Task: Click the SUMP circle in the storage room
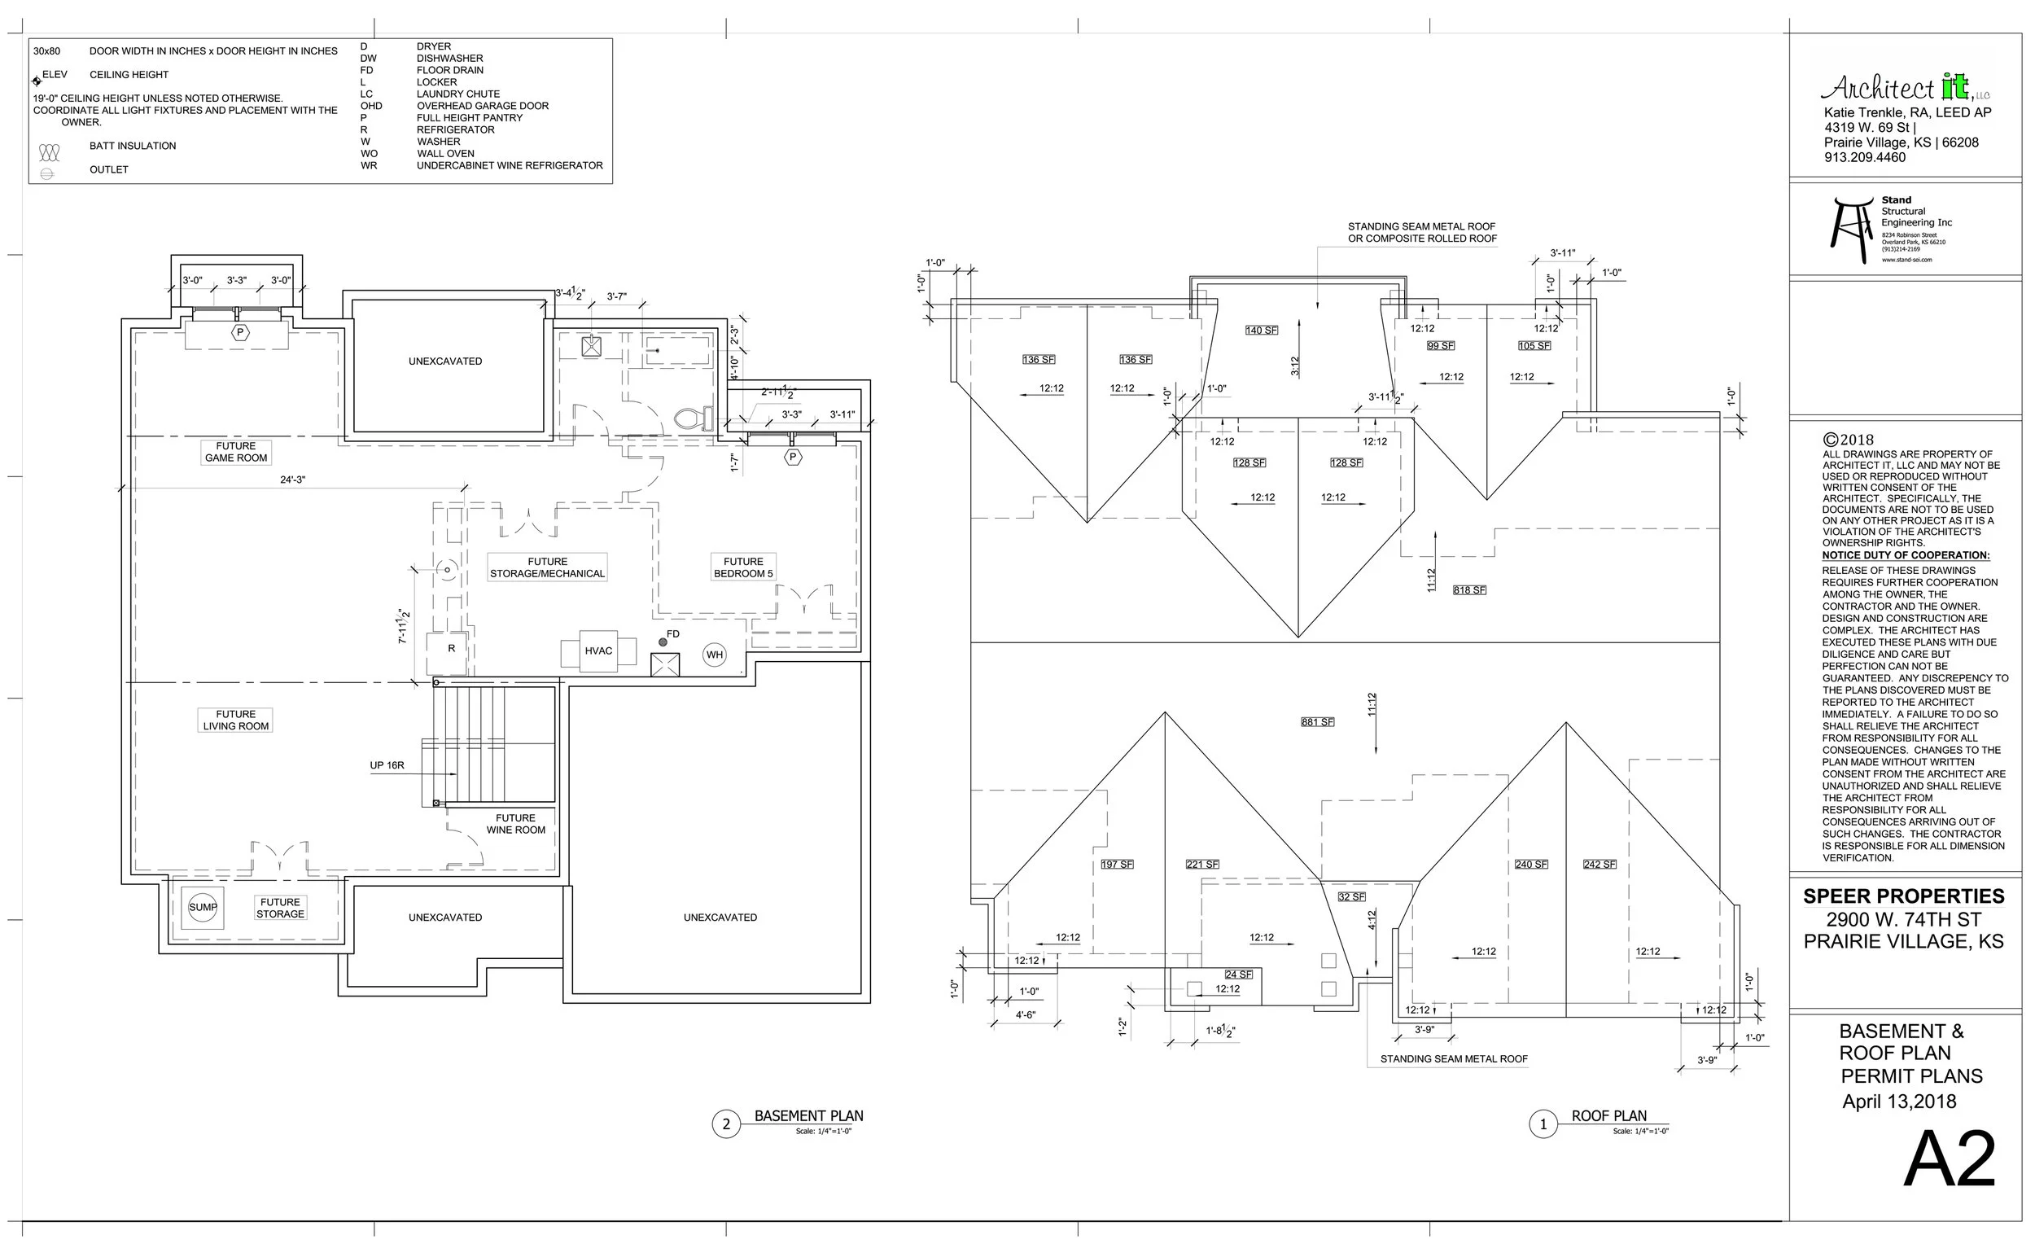click(x=203, y=907)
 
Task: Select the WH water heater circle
click(x=715, y=655)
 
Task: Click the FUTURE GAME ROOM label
click(x=236, y=452)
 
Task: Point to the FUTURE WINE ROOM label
click(x=515, y=825)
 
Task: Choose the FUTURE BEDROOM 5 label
click(x=743, y=567)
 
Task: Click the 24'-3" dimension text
click(x=292, y=480)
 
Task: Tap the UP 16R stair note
click(x=387, y=766)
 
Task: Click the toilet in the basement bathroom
click(x=694, y=418)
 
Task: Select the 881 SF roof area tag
click(x=1317, y=722)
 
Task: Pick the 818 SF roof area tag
click(x=1469, y=590)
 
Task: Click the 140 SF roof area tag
click(x=1261, y=331)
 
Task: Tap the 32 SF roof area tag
click(x=1351, y=897)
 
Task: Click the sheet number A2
click(x=1949, y=1161)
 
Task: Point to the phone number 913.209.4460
click(x=1865, y=158)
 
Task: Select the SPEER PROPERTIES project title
click(x=1904, y=897)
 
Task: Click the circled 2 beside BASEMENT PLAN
click(x=726, y=1124)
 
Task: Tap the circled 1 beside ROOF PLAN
click(x=1543, y=1124)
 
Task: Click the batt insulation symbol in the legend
click(x=50, y=153)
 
